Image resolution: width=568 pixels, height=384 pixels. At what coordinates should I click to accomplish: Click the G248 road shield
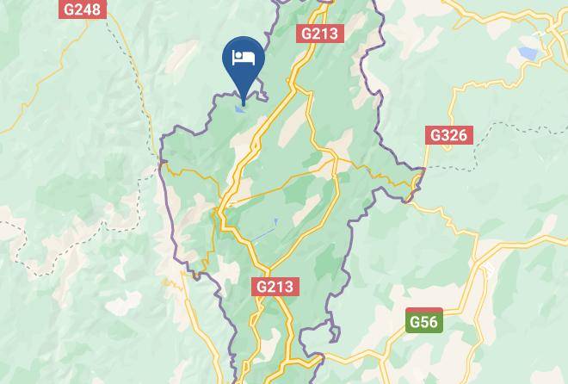[82, 10]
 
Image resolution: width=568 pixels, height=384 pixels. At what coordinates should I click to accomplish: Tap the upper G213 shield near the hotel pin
[320, 34]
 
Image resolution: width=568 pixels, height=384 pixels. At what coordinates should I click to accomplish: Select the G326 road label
[448, 135]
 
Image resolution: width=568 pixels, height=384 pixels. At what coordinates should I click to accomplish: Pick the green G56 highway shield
[423, 322]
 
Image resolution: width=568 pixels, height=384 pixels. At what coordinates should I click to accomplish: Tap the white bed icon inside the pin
[244, 58]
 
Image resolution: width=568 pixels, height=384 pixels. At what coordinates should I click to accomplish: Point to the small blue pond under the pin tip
[242, 108]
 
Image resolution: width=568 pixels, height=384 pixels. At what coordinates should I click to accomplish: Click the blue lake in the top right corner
[527, 53]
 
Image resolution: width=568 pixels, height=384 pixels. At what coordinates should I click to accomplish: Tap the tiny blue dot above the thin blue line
[275, 221]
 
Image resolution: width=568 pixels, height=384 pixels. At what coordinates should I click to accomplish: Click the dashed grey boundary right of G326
[516, 129]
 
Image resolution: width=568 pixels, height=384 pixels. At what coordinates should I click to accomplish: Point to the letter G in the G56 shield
[415, 322]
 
